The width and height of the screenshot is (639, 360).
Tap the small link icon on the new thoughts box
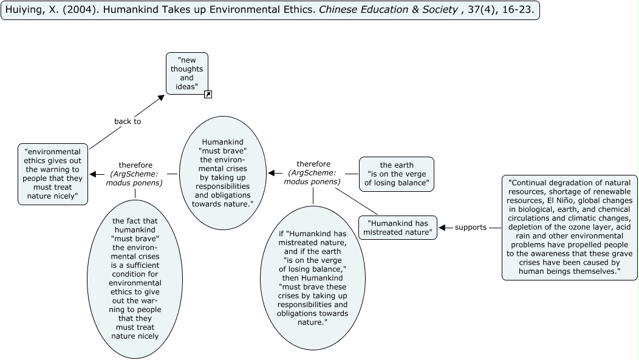[208, 94]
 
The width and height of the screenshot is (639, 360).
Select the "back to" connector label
[128, 121]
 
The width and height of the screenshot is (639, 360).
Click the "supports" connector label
[471, 228]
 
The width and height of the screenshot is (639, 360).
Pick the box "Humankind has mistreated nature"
[397, 228]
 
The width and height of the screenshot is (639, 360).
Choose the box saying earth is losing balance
[397, 174]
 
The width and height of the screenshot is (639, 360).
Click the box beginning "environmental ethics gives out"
[53, 174]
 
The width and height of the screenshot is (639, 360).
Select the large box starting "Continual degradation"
[570, 227]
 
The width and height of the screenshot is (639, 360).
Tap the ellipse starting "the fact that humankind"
[135, 279]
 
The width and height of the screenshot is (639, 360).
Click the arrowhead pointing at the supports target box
[442, 228]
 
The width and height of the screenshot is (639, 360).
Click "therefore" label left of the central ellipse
[135, 165]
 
